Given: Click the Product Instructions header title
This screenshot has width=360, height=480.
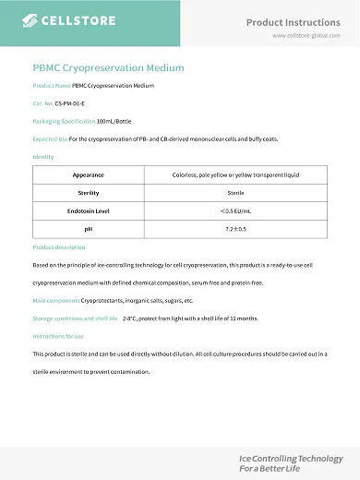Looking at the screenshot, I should click(x=294, y=21).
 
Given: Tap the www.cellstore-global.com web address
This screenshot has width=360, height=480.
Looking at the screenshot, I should click(x=306, y=35).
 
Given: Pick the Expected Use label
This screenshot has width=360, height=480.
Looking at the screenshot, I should click(x=50, y=138).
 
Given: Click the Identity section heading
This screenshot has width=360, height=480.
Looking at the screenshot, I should click(x=43, y=156).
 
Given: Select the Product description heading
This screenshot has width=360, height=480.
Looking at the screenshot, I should click(x=58, y=247).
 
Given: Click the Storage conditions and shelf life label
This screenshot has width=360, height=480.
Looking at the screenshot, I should click(x=75, y=318).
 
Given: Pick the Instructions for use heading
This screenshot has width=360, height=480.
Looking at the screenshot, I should click(x=58, y=336).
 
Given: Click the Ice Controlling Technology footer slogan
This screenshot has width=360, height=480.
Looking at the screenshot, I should click(x=290, y=458).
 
